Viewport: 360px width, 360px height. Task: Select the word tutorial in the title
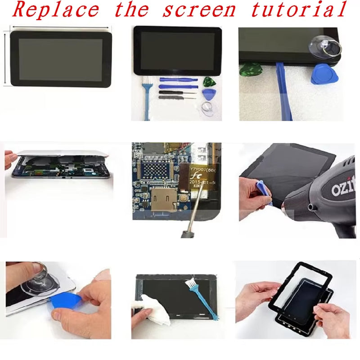coord(299,10)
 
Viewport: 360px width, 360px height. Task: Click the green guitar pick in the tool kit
coord(208,81)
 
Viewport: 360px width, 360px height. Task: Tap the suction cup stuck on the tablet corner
coord(323,46)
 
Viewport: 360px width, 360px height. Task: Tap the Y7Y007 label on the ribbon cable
coord(203,170)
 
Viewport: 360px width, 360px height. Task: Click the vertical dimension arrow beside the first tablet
coord(5,57)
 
